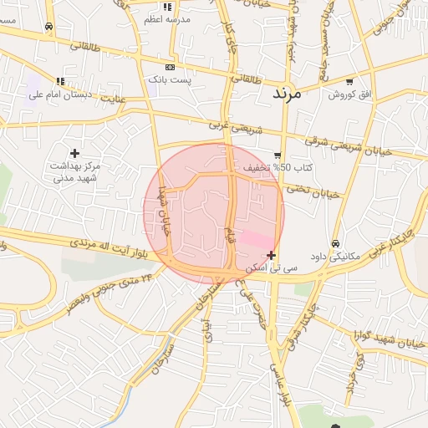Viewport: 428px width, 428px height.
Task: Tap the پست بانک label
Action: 171,79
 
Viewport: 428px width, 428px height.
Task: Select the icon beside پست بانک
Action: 171,67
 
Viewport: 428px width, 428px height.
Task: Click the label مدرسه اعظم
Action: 167,18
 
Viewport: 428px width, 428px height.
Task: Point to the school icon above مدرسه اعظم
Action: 167,7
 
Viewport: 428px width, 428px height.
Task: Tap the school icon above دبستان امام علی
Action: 59,82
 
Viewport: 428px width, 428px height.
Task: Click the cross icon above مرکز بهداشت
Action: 75,153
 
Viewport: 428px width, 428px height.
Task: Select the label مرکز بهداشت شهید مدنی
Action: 75,172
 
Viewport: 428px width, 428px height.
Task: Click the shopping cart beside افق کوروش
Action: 349,82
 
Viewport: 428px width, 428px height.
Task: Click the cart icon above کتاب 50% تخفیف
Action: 278,155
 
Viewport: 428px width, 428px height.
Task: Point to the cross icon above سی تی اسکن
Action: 271,255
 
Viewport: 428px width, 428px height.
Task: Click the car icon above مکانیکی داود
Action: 335,243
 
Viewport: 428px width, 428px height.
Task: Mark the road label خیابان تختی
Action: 313,191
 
